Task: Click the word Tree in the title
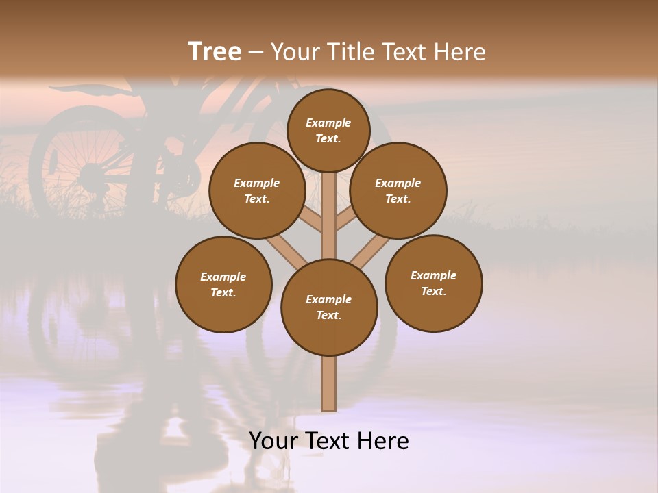point(215,51)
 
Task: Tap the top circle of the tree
point(328,130)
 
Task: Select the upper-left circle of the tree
point(257,190)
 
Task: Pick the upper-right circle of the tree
point(398,190)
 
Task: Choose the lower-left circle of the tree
point(223,284)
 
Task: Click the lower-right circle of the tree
point(434,283)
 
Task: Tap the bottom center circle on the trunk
point(329,307)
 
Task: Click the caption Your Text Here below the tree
point(329,441)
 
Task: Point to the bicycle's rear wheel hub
point(89,177)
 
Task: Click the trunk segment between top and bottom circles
point(329,216)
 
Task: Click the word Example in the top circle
point(328,123)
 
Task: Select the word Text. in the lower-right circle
point(433,291)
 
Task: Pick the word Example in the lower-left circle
point(223,277)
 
